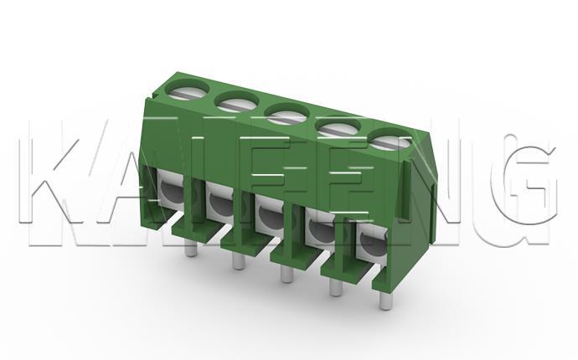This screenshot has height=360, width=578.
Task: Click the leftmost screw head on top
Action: tap(187, 90)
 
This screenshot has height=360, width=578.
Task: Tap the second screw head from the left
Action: tap(237, 102)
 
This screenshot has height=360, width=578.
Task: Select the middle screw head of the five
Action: tap(286, 115)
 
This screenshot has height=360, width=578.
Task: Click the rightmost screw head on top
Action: tap(390, 140)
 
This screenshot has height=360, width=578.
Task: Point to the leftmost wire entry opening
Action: tap(172, 191)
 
